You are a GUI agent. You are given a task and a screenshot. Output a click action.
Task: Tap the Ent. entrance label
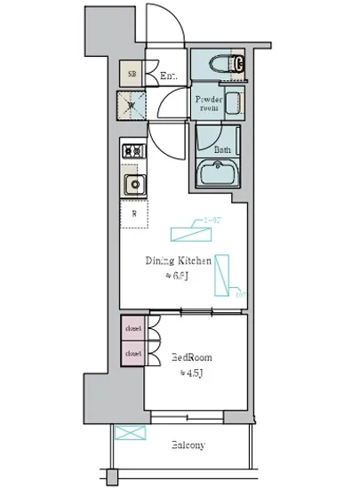168,77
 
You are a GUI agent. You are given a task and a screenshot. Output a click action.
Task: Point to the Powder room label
209,104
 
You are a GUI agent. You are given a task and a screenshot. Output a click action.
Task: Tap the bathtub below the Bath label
219,173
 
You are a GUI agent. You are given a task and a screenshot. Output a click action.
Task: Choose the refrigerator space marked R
133,213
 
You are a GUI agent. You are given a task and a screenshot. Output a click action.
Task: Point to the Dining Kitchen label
178,261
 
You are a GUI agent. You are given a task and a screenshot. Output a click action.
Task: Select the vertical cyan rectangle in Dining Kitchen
222,275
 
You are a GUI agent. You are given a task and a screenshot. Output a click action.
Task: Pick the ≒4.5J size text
190,373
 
